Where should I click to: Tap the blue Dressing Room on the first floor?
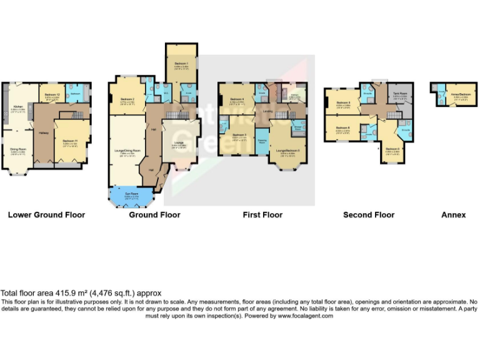pyautogui.click(x=262, y=141)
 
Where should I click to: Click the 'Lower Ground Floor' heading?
pyautogui.click(x=46, y=215)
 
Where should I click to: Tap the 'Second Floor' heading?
pyautogui.click(x=369, y=215)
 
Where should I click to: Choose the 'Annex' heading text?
pyautogui.click(x=453, y=215)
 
